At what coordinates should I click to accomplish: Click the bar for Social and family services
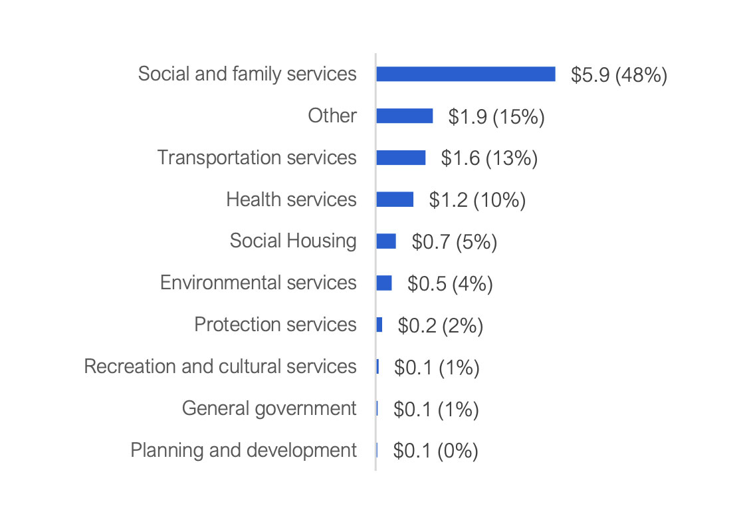coord(465,74)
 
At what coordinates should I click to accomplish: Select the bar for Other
coord(404,116)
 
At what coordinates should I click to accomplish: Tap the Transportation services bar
coord(401,158)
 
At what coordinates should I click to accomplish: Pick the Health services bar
coord(395,199)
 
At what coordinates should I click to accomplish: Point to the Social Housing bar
coord(386,241)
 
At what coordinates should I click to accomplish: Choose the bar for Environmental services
coord(383,283)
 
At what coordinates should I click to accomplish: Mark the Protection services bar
coord(379,325)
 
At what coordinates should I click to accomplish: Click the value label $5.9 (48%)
coord(619,75)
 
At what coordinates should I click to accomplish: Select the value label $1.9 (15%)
coord(496,117)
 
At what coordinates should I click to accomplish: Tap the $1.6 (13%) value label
coord(489,159)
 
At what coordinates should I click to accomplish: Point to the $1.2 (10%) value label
coord(477,201)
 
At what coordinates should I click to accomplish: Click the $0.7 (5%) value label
coord(455,242)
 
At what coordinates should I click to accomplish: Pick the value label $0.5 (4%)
coord(450,284)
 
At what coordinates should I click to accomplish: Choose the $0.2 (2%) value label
coord(440,326)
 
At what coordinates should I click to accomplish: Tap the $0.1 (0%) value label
coord(436,452)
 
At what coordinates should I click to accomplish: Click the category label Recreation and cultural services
coord(220,366)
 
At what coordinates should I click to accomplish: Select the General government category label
coord(269,408)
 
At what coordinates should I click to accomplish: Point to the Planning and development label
coord(243,450)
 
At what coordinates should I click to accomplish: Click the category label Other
coord(332,116)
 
